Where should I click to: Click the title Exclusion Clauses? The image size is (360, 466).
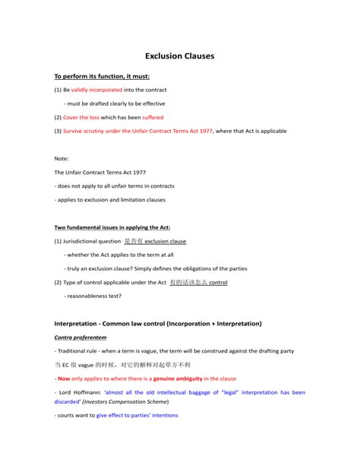point(180,55)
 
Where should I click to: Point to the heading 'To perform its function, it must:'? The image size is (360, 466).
point(102,76)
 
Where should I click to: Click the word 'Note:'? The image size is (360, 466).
point(62,158)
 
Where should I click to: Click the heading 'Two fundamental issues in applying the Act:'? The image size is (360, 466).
point(112,227)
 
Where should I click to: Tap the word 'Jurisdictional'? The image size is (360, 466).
point(88,241)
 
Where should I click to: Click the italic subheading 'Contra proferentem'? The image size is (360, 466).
point(81,336)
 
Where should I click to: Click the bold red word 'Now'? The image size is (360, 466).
point(64,378)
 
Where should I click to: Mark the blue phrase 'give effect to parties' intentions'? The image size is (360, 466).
point(144,416)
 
